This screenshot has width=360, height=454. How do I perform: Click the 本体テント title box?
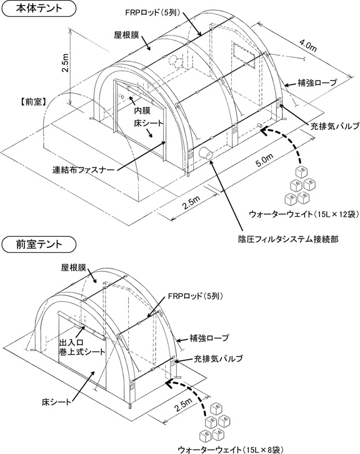click(39, 8)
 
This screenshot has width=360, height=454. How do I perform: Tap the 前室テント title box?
click(39, 244)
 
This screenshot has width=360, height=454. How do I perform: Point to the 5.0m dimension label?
click(264, 160)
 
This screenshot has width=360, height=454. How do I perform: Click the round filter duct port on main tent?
click(206, 153)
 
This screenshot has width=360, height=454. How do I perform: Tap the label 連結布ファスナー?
click(83, 170)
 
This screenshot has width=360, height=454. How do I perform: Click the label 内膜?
click(142, 111)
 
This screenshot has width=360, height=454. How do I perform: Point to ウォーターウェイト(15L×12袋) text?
click(304, 214)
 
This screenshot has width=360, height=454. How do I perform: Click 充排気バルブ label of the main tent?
click(335, 126)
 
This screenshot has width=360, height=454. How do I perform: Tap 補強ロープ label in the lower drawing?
click(209, 338)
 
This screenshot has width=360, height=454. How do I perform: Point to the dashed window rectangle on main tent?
click(244, 56)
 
